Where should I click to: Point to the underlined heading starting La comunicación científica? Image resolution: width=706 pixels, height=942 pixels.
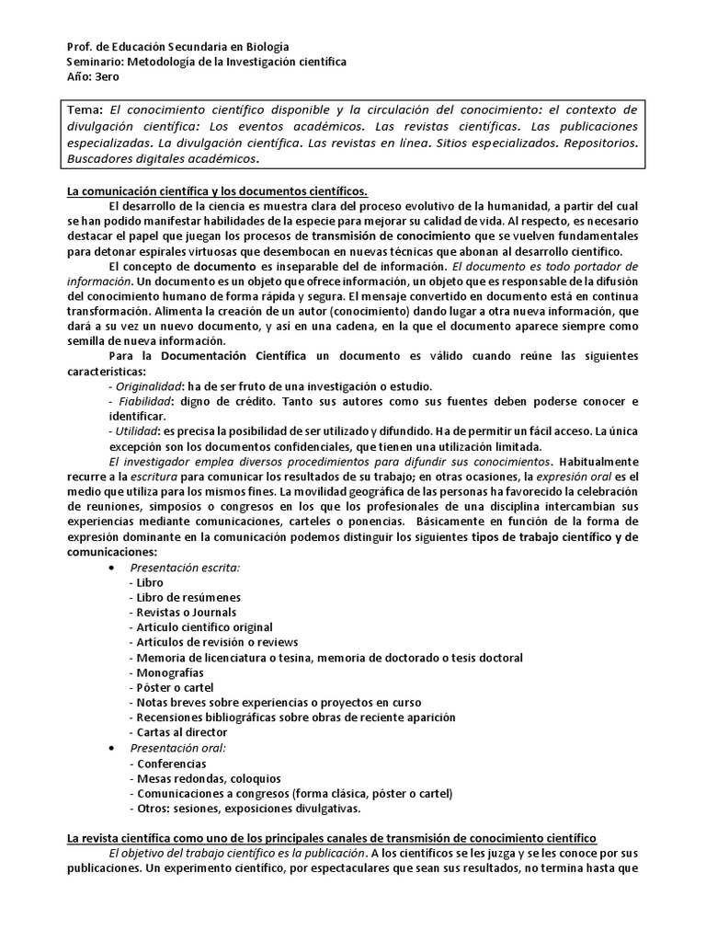(217, 190)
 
